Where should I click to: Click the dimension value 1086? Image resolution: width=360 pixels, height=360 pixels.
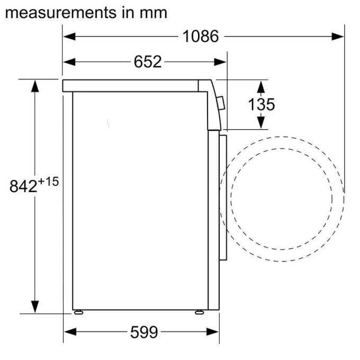click(201, 36)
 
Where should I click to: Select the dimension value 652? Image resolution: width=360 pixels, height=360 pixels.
click(147, 62)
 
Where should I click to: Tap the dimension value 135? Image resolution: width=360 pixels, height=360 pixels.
click(262, 104)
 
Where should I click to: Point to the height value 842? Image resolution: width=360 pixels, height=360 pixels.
click(23, 186)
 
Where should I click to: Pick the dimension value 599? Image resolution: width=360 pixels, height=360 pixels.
click(144, 332)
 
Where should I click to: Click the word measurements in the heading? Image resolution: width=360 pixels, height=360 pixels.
click(58, 12)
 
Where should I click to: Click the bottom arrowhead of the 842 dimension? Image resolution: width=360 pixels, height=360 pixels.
click(35, 307)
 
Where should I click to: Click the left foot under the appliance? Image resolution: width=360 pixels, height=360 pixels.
click(79, 312)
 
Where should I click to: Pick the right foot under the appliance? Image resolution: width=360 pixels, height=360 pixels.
click(199, 312)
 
